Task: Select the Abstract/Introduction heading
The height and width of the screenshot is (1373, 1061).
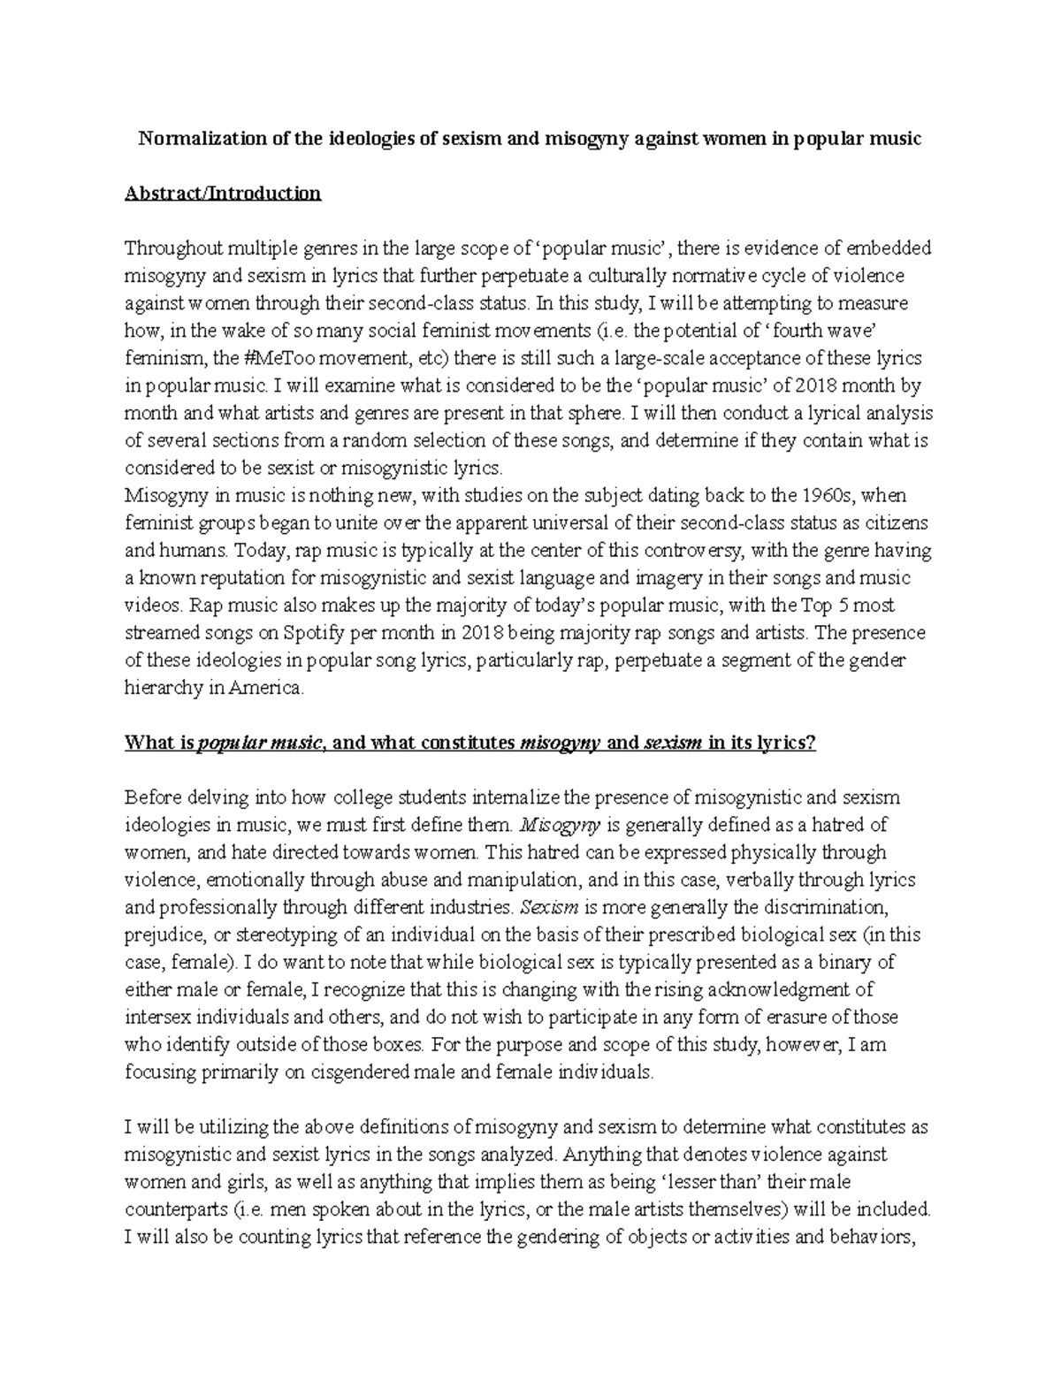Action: click(x=223, y=194)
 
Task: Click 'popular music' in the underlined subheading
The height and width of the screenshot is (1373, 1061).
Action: click(x=258, y=743)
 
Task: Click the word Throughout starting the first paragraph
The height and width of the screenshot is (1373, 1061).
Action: click(x=172, y=248)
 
